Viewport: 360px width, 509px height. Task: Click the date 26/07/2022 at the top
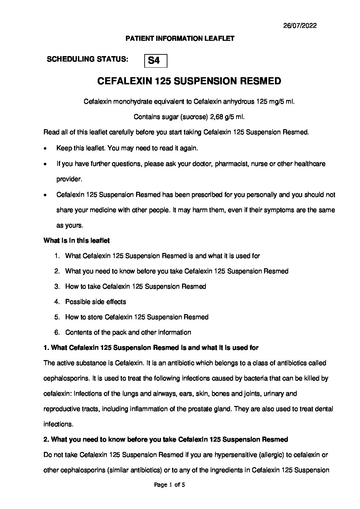(x=300, y=26)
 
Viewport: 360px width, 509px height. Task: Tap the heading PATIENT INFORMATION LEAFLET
(x=180, y=39)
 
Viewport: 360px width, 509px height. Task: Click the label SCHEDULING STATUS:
(x=87, y=59)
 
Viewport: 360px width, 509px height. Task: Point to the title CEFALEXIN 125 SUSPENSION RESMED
(x=189, y=81)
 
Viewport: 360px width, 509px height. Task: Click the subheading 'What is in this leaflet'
(x=77, y=241)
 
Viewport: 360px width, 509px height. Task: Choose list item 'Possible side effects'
(x=95, y=302)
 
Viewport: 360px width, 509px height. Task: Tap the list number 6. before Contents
(x=57, y=333)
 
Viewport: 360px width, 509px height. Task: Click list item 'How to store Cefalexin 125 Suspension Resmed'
(x=137, y=317)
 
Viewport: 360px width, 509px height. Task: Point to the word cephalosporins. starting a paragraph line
(x=67, y=378)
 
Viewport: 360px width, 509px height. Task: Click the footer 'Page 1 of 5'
(x=169, y=495)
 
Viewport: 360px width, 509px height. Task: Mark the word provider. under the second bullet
(x=69, y=179)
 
